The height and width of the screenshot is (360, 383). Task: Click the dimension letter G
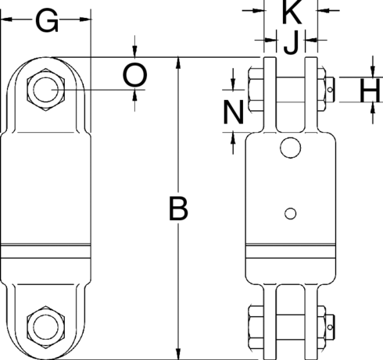pyautogui.click(x=47, y=23)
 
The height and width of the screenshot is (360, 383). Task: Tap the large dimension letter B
pyautogui.click(x=179, y=209)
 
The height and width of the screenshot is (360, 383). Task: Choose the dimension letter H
pyautogui.click(x=369, y=94)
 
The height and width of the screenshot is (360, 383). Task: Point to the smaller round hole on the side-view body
pyautogui.click(x=290, y=213)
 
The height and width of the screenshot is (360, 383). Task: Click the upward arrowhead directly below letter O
pyautogui.click(x=135, y=95)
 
